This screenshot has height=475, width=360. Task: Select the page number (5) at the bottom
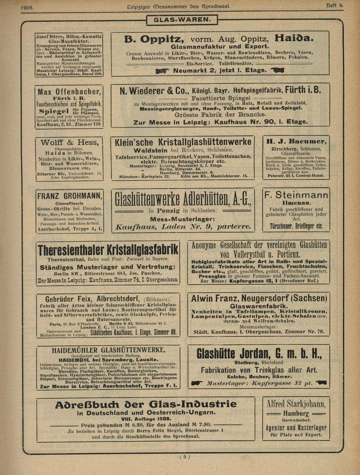pyautogui.click(x=185, y=457)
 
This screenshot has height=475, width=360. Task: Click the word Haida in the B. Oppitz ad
pyautogui.click(x=294, y=38)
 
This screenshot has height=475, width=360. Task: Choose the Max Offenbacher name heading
pyautogui.click(x=69, y=92)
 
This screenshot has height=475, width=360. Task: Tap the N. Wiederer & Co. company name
pyautogui.click(x=154, y=91)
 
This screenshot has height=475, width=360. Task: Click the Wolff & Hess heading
pyautogui.click(x=69, y=142)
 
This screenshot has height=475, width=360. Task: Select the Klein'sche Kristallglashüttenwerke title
pyautogui.click(x=183, y=142)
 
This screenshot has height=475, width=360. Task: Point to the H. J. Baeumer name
pyautogui.click(x=296, y=141)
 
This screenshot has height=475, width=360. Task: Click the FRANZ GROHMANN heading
pyautogui.click(x=70, y=196)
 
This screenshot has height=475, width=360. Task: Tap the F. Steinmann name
pyautogui.click(x=296, y=195)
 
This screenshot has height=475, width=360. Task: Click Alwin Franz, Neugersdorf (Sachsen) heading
pyautogui.click(x=259, y=299)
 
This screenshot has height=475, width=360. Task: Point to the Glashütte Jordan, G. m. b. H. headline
pyautogui.click(x=259, y=353)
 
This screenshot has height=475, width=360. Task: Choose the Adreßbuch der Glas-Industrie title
pyautogui.click(x=146, y=405)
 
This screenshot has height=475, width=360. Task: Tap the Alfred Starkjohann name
pyautogui.click(x=296, y=403)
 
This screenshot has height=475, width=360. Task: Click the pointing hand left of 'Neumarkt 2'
pyautogui.click(x=163, y=71)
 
